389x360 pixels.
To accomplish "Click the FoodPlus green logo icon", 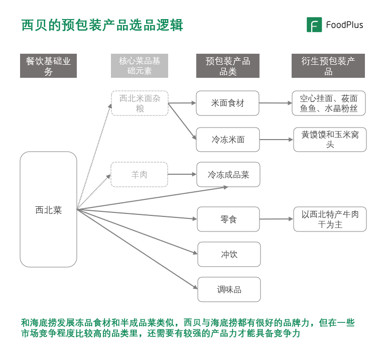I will click(314, 25).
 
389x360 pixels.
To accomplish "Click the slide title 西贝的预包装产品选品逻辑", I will click(102, 25).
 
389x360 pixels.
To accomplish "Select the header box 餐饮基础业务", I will click(48, 66).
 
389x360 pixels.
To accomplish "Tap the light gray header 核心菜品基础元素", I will click(140, 66).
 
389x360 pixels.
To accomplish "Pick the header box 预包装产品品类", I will click(228, 66).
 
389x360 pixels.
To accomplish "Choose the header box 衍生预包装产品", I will click(328, 66).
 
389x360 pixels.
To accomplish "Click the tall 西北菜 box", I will click(48, 209).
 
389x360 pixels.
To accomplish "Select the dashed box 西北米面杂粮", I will click(140, 103).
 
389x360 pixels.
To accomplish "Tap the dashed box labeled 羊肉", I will click(140, 175).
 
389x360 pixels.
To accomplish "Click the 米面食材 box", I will click(228, 103).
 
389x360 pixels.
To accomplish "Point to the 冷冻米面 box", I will click(228, 140).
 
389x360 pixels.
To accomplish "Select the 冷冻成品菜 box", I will click(228, 175).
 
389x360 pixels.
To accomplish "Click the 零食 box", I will click(228, 219).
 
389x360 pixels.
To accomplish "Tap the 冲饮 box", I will click(229, 255).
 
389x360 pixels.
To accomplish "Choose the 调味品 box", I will click(229, 290).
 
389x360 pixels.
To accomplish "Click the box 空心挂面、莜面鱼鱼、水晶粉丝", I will click(328, 103).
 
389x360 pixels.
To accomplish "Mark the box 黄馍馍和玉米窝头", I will click(330, 140).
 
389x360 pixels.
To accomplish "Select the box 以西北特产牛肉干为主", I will click(330, 219).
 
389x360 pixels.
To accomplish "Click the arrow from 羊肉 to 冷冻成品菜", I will click(182, 175).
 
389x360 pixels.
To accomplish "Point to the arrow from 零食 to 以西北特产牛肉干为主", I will click(276, 219).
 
